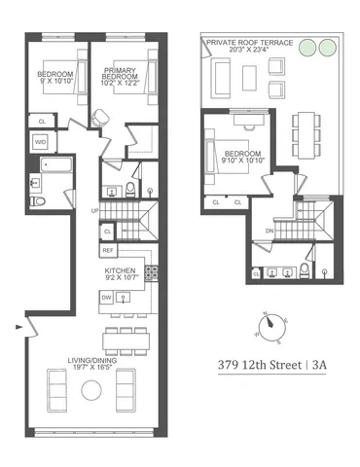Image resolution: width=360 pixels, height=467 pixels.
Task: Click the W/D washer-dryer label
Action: (41, 142)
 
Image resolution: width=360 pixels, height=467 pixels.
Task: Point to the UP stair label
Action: (93, 210)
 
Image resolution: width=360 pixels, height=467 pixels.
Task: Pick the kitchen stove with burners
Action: (150, 274)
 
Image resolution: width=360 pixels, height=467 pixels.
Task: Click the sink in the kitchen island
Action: (123, 300)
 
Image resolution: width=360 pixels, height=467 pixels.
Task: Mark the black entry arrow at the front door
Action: (18, 328)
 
